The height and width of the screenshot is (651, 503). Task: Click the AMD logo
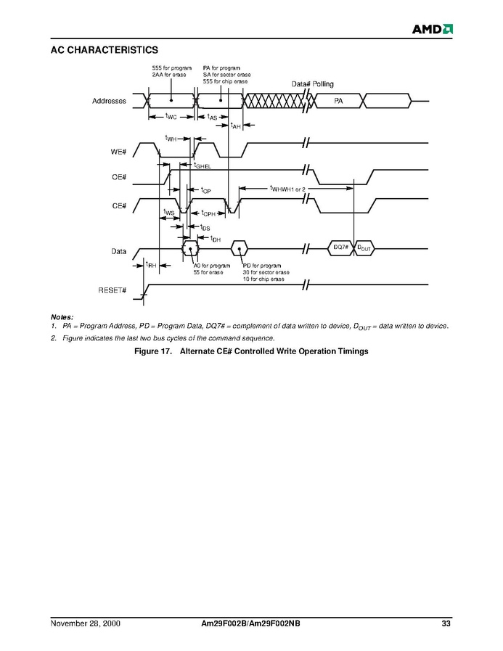433,29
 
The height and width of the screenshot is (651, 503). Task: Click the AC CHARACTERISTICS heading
105,50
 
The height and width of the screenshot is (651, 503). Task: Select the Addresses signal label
109,101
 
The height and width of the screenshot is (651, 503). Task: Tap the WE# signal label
118,152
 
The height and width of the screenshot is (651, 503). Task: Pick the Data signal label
118,252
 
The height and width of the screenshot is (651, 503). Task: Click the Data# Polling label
312,85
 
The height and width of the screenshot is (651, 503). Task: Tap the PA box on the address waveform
338,101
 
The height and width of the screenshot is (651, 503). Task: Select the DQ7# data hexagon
340,248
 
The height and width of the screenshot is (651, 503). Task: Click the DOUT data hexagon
364,248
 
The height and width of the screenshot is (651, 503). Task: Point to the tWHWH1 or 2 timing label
287,189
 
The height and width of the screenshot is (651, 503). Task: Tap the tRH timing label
151,266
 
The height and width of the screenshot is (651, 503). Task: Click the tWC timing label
171,116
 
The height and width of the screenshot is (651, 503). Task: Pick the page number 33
446,623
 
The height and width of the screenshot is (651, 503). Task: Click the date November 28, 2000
85,623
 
